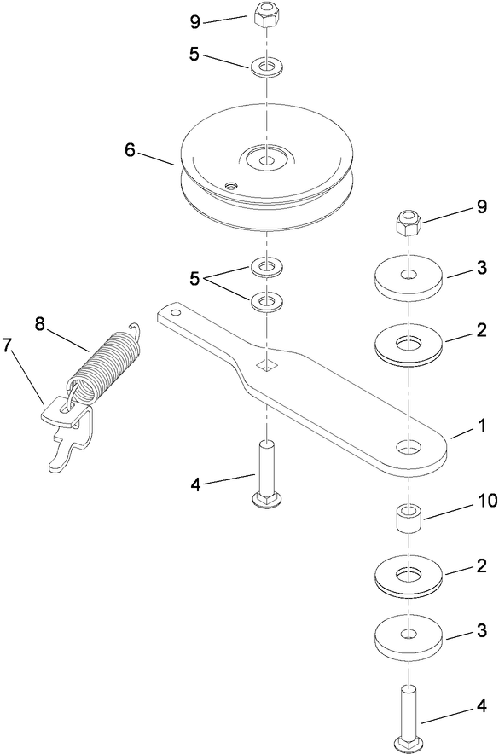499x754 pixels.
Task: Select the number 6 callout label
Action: pos(130,149)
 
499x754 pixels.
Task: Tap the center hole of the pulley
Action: pos(267,159)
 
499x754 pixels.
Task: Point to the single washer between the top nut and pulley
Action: pos(267,66)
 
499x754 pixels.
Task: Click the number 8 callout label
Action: pos(40,323)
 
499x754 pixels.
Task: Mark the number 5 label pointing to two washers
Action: pos(194,277)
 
